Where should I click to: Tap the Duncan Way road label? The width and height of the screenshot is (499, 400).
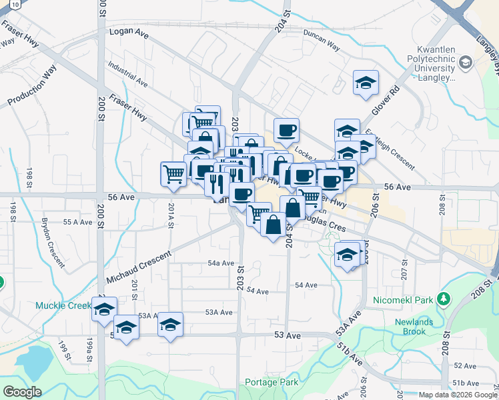pyautogui.click(x=322, y=39)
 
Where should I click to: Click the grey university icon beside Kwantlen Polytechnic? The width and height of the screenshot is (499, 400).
pyautogui.click(x=465, y=63)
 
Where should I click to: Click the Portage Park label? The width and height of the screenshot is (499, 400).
pyautogui.click(x=272, y=383)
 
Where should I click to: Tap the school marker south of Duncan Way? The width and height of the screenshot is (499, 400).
pyautogui.click(x=366, y=83)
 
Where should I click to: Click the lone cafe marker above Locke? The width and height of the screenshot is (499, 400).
pyautogui.click(x=286, y=130)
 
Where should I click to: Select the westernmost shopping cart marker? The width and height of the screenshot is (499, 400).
pyautogui.click(x=173, y=174)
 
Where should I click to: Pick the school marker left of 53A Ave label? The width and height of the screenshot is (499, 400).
pyautogui.click(x=171, y=325)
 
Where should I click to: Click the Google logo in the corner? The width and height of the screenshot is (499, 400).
pyautogui.click(x=22, y=392)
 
